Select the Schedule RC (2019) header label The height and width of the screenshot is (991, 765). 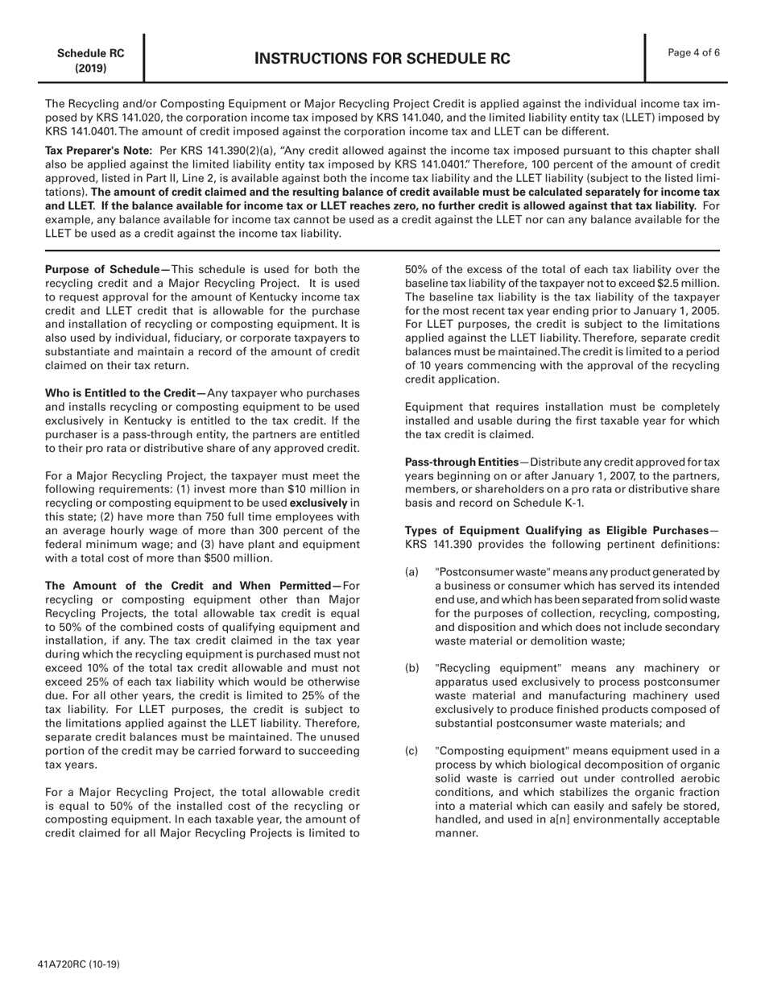click(x=90, y=60)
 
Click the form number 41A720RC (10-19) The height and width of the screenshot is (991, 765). click(x=83, y=964)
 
